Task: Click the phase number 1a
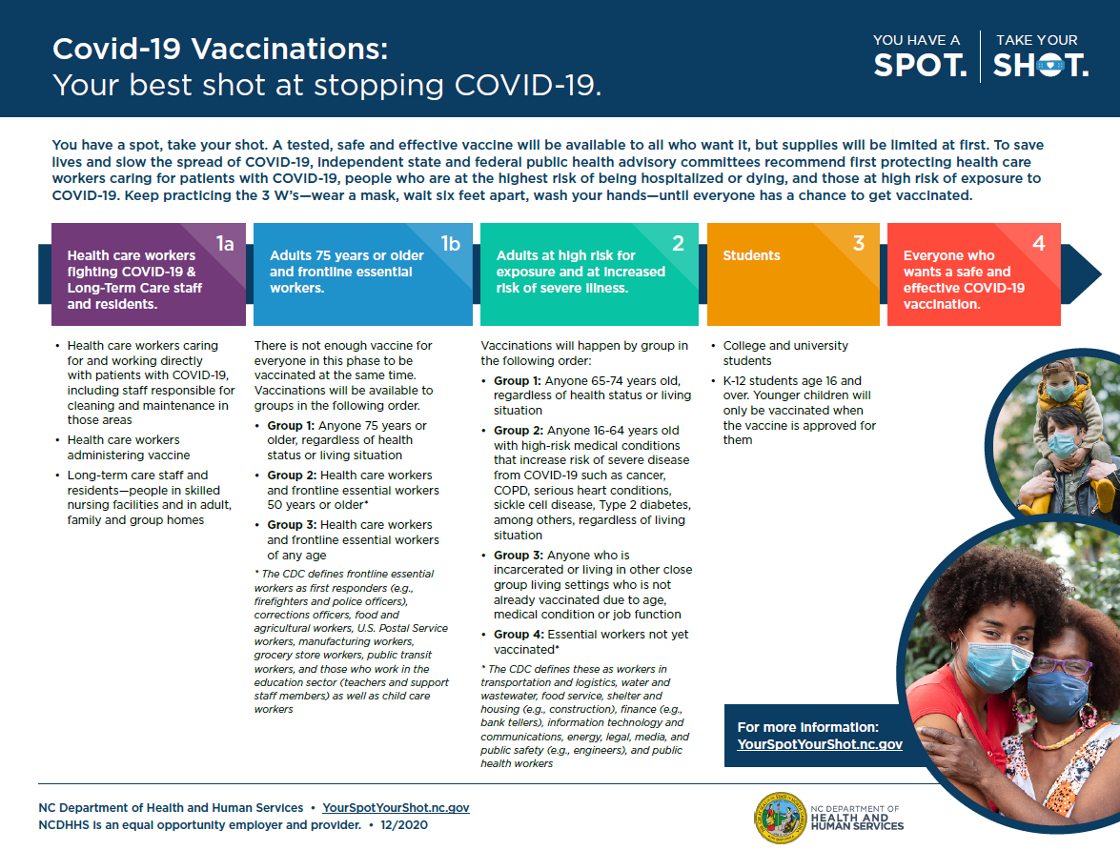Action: coord(225,244)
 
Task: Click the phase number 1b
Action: coord(451,244)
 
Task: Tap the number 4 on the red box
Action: coord(1039,244)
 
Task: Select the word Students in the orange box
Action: coord(751,255)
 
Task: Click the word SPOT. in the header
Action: coord(920,65)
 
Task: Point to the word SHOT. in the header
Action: coord(1040,65)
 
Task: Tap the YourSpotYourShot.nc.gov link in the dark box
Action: coord(820,744)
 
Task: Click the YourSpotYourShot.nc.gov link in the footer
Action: coord(396,808)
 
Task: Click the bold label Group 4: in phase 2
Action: coord(518,635)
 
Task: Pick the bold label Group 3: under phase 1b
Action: coord(291,525)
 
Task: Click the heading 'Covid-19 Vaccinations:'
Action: coord(220,49)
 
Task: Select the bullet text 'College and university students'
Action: coord(784,354)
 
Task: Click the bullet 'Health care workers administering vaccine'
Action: coord(129,448)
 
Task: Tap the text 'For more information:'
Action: coord(808,727)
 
